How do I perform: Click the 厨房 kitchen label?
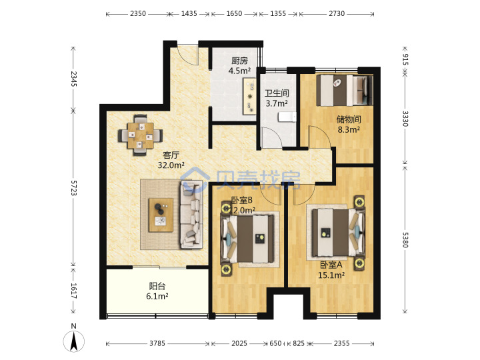coord(239,61)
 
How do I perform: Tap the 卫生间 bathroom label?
coord(277,93)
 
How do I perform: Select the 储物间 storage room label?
coord(349,119)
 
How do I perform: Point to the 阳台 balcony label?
coord(157,286)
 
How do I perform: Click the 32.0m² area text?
coord(171,165)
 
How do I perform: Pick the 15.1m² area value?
coord(331,275)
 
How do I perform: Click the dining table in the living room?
coord(141,135)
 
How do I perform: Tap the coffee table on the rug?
coord(161,215)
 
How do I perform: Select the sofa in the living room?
coord(192,214)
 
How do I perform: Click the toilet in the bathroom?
coord(287,117)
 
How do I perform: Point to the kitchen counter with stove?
coord(249,97)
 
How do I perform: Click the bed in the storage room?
coord(345,90)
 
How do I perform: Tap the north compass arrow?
coord(74,341)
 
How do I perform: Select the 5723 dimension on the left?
coord(74,187)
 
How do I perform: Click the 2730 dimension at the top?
coord(337,13)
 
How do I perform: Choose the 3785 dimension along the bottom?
coord(157,343)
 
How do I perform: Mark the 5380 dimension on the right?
coord(405,240)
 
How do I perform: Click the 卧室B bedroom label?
coord(241,200)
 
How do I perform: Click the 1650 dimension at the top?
coord(234,13)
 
